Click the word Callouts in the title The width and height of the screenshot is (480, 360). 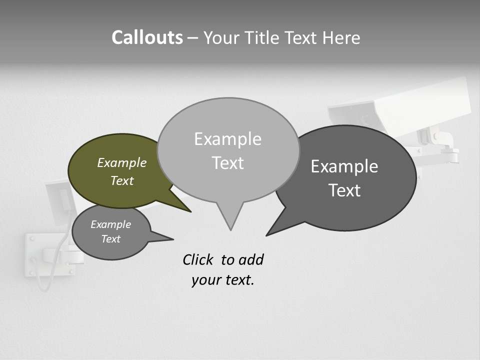pos(147,37)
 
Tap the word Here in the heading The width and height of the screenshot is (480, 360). pos(341,38)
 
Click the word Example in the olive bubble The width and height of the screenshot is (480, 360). pos(121,162)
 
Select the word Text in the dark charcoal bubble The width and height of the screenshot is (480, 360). pos(344,190)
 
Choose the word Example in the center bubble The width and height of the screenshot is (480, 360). pos(227,139)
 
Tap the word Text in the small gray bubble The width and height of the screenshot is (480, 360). pos(110,239)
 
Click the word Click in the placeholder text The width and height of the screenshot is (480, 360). pos(198,259)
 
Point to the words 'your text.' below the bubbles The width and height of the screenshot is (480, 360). pos(222,280)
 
